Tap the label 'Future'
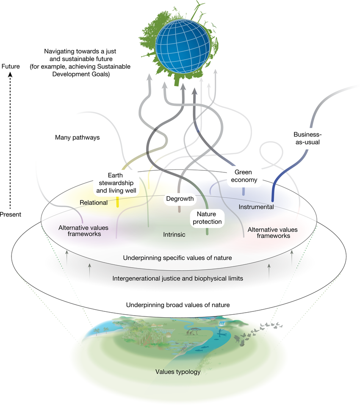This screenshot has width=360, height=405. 11,67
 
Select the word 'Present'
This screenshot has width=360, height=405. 10,214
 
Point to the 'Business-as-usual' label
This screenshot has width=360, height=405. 306,138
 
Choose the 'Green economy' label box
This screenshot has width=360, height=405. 244,176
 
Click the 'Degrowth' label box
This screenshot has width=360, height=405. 180,199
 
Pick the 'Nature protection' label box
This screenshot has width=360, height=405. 206,218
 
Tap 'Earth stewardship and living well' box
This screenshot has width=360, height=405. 116,183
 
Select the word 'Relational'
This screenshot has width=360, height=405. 94,202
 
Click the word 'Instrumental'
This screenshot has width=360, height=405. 256,207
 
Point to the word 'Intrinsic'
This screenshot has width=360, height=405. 174,234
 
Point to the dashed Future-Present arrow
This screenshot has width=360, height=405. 11,140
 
